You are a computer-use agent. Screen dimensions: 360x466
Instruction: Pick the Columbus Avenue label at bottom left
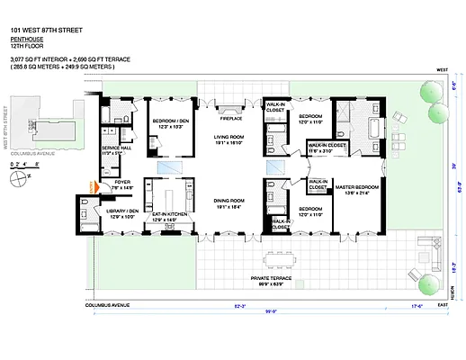[106, 306]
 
